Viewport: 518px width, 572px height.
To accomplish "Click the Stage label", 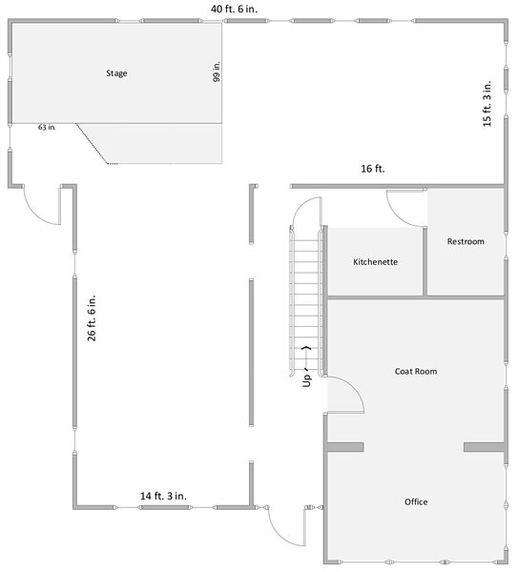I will pos(116,72).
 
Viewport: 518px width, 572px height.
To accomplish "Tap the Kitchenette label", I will pos(375,261).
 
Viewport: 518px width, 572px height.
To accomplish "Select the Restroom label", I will pos(466,241).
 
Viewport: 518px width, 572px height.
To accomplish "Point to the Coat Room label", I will pos(416,371).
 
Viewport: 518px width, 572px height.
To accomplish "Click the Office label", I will pos(416,501).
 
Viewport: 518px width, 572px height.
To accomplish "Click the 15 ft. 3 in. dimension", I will pos(488,103).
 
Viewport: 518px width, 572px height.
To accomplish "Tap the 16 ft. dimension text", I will pos(372,169).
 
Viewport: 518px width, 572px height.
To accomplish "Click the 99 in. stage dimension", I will pos(217,72).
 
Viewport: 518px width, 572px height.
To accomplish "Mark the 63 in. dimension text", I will pos(47,127).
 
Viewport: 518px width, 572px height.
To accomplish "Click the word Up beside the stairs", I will pos(307,379).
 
